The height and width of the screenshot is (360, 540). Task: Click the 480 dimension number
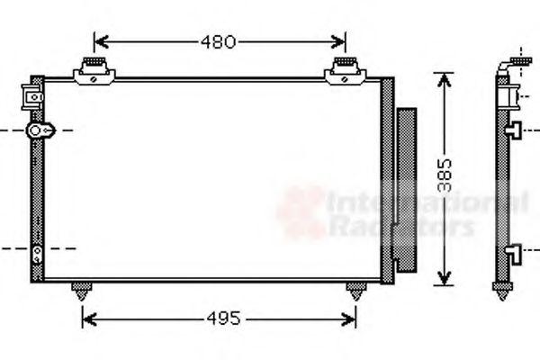click(219, 41)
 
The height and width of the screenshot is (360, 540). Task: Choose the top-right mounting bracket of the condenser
click(345, 70)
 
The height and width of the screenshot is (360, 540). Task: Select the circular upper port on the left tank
click(37, 131)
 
